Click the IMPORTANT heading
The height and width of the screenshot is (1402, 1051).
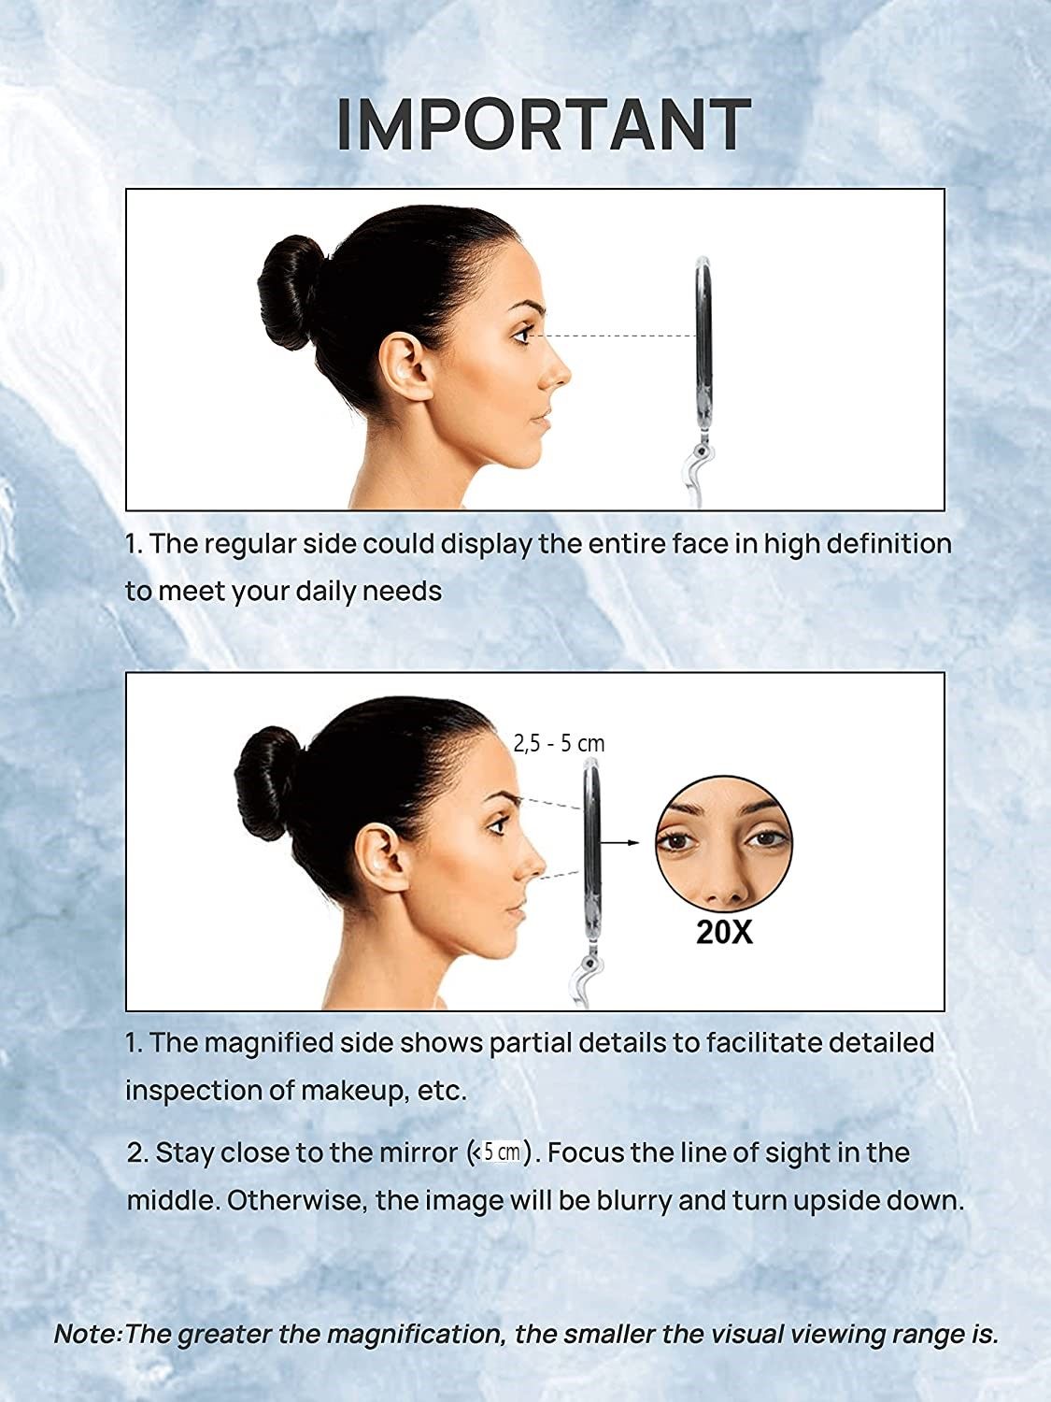pyautogui.click(x=544, y=124)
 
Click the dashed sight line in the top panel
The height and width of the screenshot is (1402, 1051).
pyautogui.click(x=617, y=335)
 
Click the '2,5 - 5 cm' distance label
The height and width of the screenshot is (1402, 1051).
pyautogui.click(x=559, y=744)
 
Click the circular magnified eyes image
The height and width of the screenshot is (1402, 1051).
pyautogui.click(x=723, y=842)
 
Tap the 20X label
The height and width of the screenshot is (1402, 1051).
pyautogui.click(x=724, y=933)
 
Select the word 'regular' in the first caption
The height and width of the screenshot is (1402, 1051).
pyautogui.click(x=249, y=544)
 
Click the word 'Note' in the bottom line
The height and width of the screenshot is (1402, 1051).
pyautogui.click(x=86, y=1334)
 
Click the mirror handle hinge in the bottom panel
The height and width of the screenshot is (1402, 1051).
pyautogui.click(x=588, y=962)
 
